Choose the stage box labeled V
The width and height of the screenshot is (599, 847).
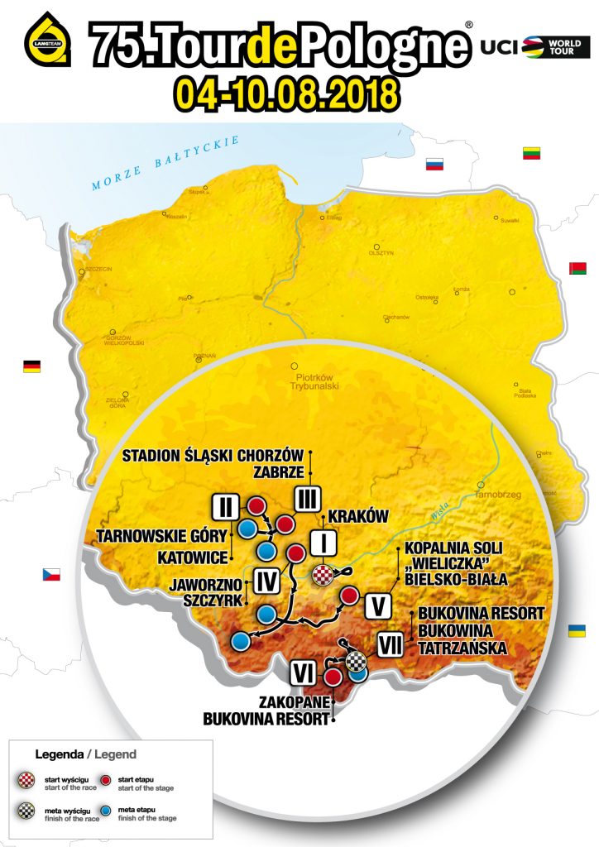click(377, 605)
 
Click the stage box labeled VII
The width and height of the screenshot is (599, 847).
click(390, 644)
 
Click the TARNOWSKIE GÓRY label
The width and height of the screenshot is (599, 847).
click(158, 534)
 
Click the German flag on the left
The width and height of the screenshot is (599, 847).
click(32, 366)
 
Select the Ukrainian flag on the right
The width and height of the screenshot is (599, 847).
click(577, 631)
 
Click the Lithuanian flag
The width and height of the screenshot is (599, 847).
click(532, 152)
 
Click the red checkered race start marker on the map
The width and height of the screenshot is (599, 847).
click(323, 575)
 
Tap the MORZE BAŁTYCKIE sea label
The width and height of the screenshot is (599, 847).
click(165, 163)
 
